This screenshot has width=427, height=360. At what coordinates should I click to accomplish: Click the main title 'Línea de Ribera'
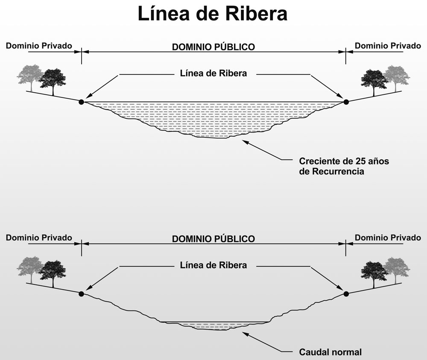coord(212,14)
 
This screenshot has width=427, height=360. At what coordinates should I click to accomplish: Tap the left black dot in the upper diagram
coord(81,102)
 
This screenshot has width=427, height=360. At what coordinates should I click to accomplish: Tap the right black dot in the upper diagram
coord(346,102)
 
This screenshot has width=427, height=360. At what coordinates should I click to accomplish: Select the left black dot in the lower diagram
coord(81,293)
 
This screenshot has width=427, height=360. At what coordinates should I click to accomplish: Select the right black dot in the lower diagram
coord(346,293)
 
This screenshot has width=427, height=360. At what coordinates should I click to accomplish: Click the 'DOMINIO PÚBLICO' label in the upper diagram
coord(213,47)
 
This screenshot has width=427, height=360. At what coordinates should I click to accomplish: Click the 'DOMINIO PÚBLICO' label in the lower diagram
coord(213,239)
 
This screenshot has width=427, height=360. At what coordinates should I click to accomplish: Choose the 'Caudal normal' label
coord(330,352)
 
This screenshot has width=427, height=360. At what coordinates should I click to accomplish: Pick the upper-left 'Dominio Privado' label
coord(39,46)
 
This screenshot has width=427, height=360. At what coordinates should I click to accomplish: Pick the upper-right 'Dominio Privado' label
coord(388,46)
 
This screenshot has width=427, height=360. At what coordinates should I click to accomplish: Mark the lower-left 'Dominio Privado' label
coord(39,237)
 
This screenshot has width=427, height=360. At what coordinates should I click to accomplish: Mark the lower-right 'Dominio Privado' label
coord(388,237)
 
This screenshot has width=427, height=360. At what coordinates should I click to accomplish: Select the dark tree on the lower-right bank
coord(374,272)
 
